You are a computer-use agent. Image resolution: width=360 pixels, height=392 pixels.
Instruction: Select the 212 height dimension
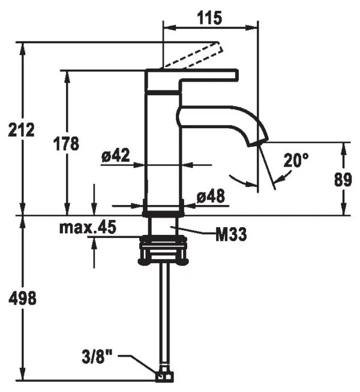(22, 129)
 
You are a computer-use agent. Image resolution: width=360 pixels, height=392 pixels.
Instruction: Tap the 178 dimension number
(67, 144)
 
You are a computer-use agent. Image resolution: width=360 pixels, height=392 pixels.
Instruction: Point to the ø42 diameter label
(116, 156)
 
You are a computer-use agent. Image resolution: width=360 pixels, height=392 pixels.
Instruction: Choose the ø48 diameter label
(211, 196)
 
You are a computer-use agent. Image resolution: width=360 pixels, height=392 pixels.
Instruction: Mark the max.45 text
(88, 228)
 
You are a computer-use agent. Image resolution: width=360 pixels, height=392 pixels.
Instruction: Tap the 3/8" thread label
(97, 358)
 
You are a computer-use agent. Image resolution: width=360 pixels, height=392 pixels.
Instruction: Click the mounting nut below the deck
(163, 250)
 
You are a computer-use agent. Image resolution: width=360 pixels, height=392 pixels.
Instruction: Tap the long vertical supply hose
(163, 318)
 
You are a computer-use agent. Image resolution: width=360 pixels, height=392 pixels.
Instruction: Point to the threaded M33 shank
(163, 227)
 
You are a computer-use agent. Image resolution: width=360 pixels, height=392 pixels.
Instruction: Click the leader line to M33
(195, 230)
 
